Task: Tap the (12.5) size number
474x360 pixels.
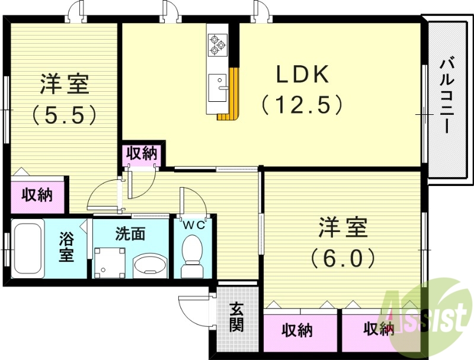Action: click(303, 105)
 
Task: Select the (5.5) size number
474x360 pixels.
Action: click(65, 114)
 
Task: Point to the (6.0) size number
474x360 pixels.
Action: click(343, 257)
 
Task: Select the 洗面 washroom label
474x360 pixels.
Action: click(130, 234)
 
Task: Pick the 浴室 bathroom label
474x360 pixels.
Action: click(66, 248)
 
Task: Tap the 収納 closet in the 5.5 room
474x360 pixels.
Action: click(37, 194)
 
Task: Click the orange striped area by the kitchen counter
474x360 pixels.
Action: click(231, 95)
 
